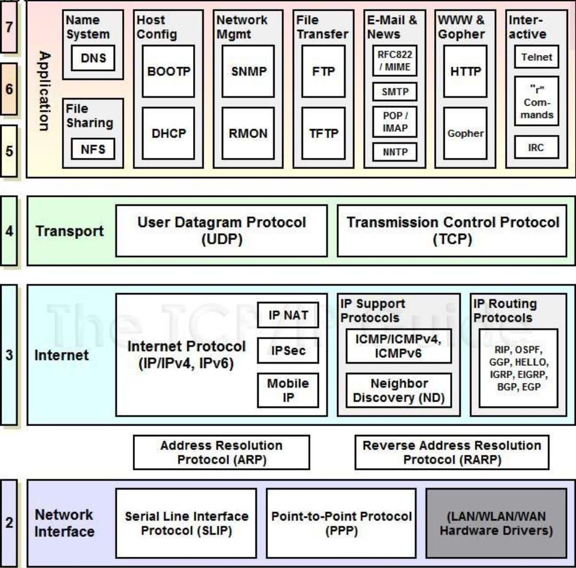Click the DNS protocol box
click(93, 58)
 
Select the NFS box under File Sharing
click(93, 149)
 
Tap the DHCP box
click(169, 133)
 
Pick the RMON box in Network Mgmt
click(248, 133)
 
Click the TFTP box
click(324, 133)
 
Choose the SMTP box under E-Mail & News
click(395, 92)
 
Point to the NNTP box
click(395, 152)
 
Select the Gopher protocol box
click(465, 133)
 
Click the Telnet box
click(537, 57)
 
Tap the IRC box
click(537, 147)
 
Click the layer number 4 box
click(9, 231)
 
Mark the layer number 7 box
click(9, 27)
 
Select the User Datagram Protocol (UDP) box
click(221, 230)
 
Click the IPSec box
click(288, 350)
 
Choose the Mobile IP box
click(288, 390)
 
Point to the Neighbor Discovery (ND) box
click(398, 390)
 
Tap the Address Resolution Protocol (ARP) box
click(221, 452)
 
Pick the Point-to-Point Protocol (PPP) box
click(341, 523)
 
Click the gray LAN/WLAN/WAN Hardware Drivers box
click(496, 523)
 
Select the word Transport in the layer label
click(69, 231)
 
